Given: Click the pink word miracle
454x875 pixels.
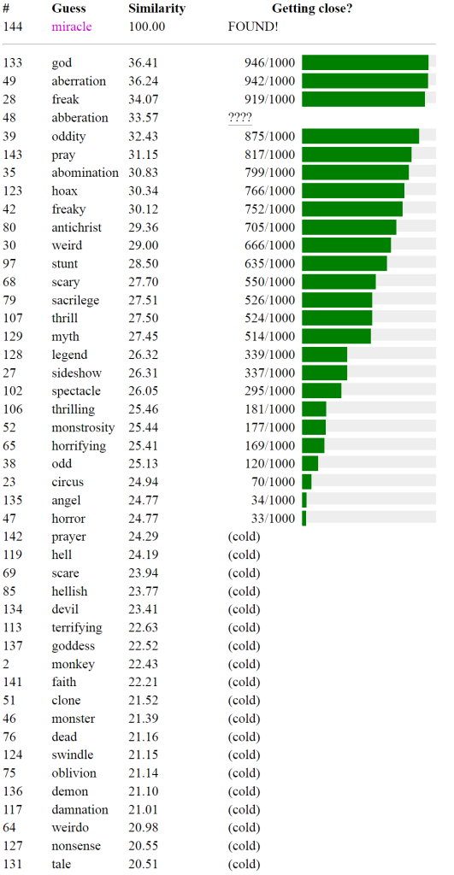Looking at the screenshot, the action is (x=72, y=26).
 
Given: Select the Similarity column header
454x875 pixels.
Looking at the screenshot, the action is (x=157, y=9).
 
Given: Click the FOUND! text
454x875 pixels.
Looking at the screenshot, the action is (x=253, y=26).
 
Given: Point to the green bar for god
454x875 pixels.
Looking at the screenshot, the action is (x=365, y=62).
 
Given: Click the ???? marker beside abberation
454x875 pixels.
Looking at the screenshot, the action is (x=240, y=118).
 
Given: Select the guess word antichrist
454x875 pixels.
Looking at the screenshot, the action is (x=77, y=227).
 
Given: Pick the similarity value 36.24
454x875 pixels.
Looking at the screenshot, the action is (x=144, y=81).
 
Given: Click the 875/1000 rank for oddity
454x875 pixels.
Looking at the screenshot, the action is (x=269, y=136).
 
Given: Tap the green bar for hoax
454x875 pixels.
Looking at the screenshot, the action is (x=353, y=191).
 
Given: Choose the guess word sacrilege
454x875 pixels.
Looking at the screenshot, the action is (x=75, y=300).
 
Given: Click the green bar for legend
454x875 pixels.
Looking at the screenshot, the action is (x=324, y=355).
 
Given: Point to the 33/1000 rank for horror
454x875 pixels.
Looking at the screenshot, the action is (x=274, y=519).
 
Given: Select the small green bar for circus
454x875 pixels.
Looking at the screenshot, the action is (x=307, y=482).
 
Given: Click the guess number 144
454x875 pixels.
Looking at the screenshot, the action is (x=12, y=26).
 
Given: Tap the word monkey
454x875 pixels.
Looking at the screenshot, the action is (x=74, y=665).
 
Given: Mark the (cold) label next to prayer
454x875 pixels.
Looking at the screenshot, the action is (x=245, y=537).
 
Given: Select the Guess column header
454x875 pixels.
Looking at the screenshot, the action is (x=68, y=9).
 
